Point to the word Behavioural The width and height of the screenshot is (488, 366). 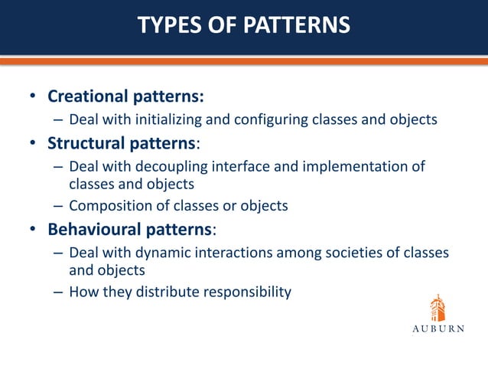[93, 229]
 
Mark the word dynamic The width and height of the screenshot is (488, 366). [168, 252]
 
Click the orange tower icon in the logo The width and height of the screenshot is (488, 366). [437, 309]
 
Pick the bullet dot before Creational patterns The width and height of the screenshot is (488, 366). [33, 98]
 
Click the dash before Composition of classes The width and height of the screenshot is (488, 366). [58, 205]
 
